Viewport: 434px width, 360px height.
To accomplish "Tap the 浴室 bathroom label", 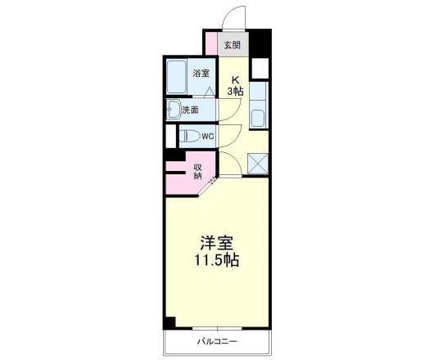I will coord(201,74).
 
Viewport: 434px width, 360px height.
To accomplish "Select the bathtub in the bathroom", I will coord(177,79).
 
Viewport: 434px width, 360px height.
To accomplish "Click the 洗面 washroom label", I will coord(201,109).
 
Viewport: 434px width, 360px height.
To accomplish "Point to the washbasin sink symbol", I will coord(174,109).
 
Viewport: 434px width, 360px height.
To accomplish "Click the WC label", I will coord(207,137).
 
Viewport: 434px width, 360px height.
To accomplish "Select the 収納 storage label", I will coord(198,172).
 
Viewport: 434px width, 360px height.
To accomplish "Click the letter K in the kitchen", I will coord(234,80).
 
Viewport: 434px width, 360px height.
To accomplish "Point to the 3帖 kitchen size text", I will coord(235,92).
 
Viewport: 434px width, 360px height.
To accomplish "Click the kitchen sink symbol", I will coord(260,116).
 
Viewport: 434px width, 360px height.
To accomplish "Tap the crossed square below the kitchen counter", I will coord(260,163).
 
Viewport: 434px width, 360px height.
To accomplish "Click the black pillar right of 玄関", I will coord(259,42).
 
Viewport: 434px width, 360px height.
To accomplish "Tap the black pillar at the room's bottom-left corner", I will coord(170,322).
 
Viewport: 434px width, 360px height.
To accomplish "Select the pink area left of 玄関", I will coord(211,43).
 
